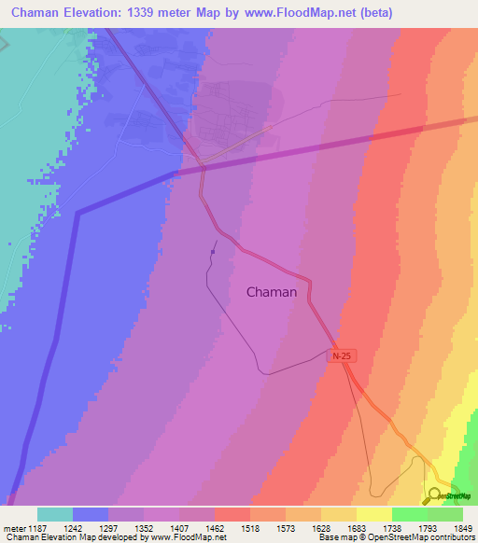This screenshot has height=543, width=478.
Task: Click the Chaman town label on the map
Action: click(272, 292)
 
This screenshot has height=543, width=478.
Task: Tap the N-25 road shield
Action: click(341, 356)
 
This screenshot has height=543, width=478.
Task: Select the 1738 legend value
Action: click(391, 527)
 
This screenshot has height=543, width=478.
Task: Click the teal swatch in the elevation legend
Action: click(55, 514)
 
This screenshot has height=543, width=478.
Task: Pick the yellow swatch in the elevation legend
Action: click(373, 514)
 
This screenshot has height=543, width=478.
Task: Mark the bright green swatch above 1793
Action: click(409, 514)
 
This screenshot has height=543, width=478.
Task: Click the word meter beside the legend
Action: click(14, 527)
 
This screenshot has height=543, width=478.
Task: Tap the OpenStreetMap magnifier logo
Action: click(434, 494)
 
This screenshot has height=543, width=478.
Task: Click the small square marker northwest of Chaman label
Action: click(214, 251)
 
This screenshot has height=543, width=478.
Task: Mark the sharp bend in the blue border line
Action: click(77, 214)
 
